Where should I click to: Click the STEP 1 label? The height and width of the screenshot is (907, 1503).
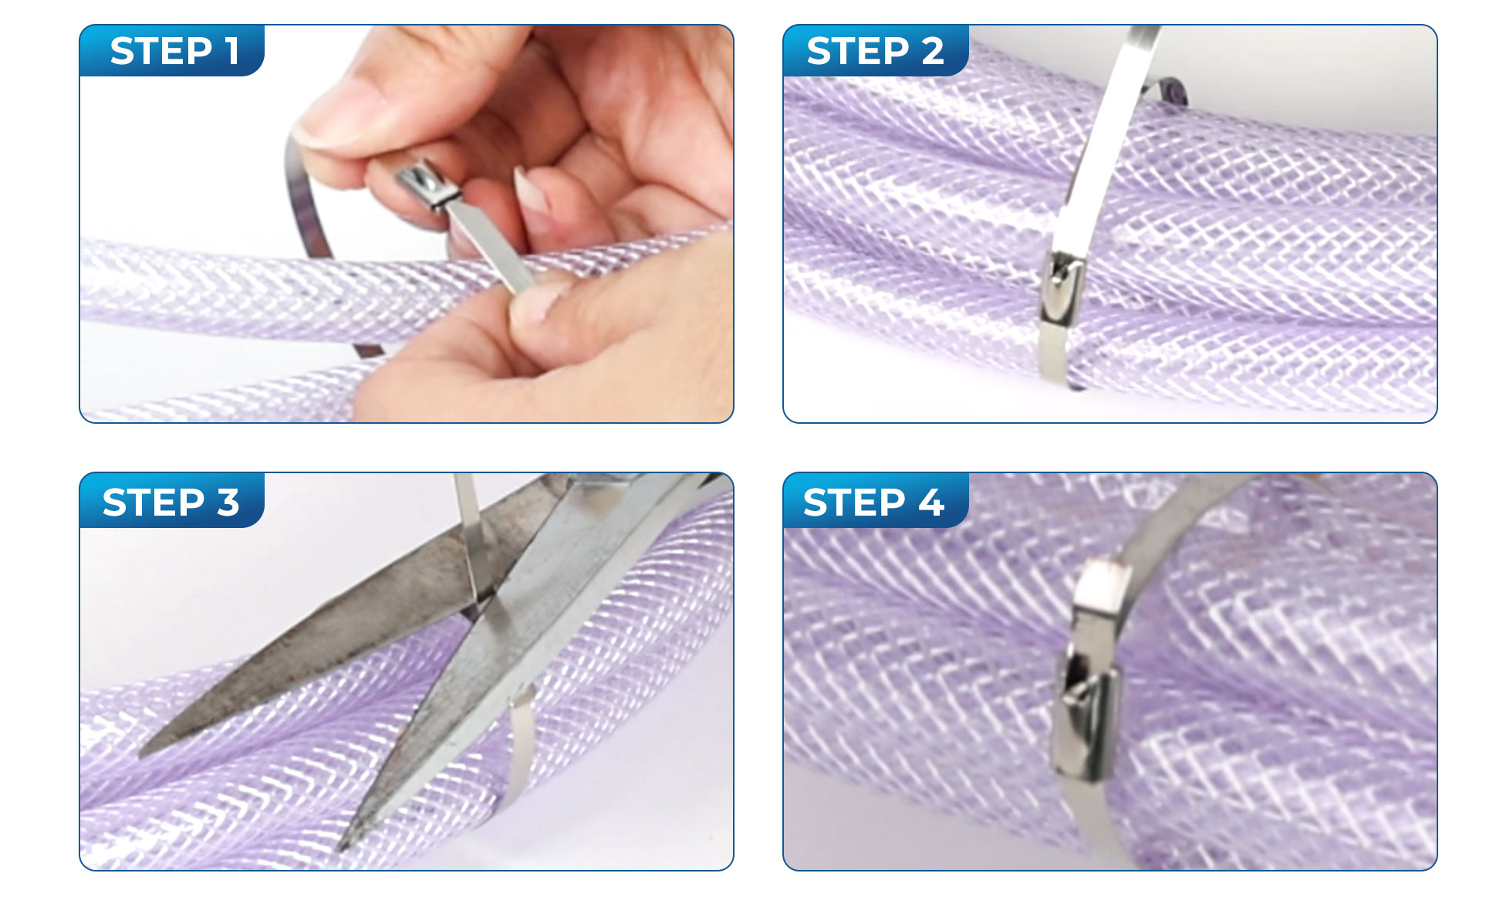click(x=174, y=51)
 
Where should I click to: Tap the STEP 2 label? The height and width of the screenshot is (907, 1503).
click(x=875, y=51)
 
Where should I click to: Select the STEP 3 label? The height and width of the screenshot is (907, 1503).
click(x=171, y=503)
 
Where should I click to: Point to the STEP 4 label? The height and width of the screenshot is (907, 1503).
click(x=873, y=503)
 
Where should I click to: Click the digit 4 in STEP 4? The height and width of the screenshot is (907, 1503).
click(x=931, y=503)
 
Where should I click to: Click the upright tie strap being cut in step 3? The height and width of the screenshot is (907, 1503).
click(x=468, y=533)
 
